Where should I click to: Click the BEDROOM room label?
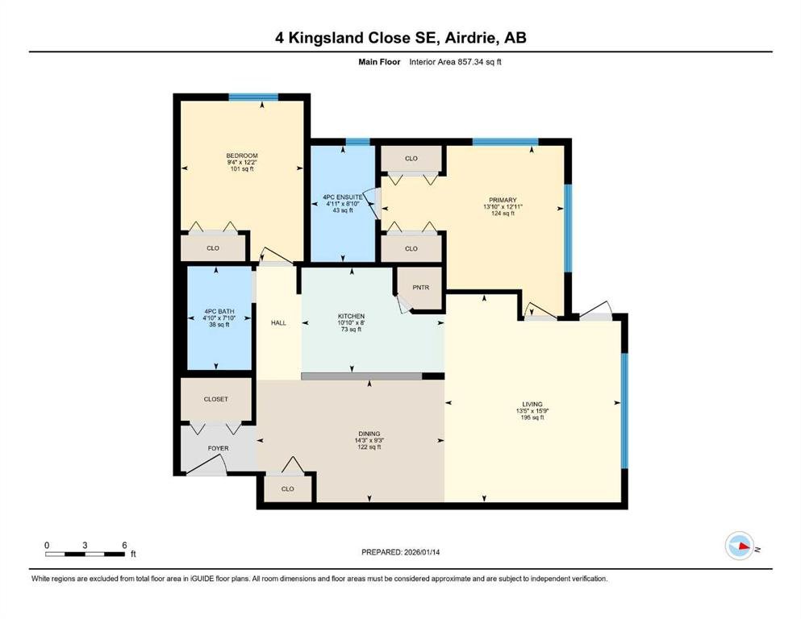click(x=242, y=156)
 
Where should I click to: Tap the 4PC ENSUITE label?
click(x=343, y=197)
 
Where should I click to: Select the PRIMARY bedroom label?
click(x=503, y=200)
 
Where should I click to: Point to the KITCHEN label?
click(x=351, y=317)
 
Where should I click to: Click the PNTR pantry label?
click(x=421, y=287)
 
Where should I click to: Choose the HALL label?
click(x=278, y=322)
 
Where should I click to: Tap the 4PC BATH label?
click(x=219, y=311)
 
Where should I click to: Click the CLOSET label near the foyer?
click(x=215, y=399)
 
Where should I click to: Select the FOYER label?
click(x=218, y=448)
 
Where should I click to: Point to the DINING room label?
click(x=369, y=434)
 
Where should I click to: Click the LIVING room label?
click(x=532, y=404)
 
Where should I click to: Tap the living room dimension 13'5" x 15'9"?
click(x=532, y=411)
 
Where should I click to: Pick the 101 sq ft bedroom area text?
click(x=242, y=169)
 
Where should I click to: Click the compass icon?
click(x=740, y=546)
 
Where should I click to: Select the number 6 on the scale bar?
click(x=124, y=545)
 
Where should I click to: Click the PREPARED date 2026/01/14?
click(x=422, y=552)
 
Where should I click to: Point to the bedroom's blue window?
click(x=253, y=97)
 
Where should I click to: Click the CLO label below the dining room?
click(x=288, y=489)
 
